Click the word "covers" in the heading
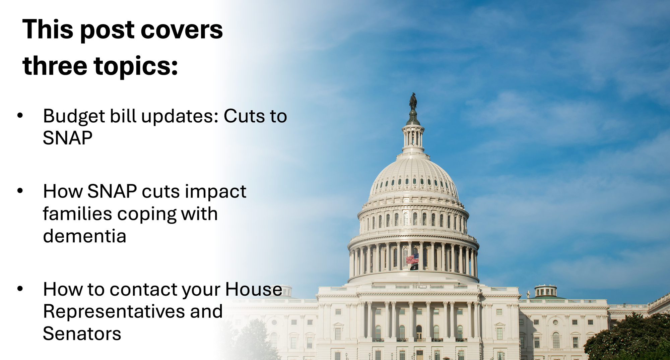click(182, 30)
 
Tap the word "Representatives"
click(114, 312)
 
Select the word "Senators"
click(82, 334)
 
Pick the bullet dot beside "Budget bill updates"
click(20, 115)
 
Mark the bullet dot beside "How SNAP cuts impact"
click(20, 191)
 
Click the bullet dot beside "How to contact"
click(20, 288)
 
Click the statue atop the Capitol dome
click(413, 102)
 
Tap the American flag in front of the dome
click(412, 258)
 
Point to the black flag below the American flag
click(414, 267)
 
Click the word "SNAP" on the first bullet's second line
click(68, 138)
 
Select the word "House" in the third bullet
click(254, 289)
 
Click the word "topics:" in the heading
click(136, 66)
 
